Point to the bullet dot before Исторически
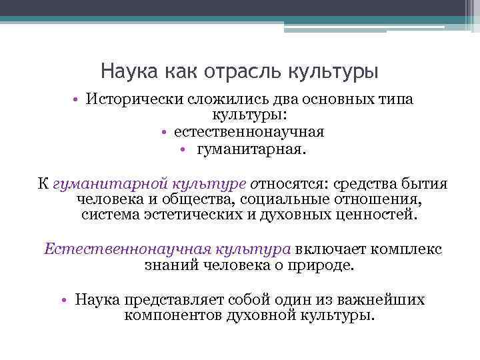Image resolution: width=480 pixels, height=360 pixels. point(77,100)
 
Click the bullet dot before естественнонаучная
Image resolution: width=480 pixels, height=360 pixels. point(163,132)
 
